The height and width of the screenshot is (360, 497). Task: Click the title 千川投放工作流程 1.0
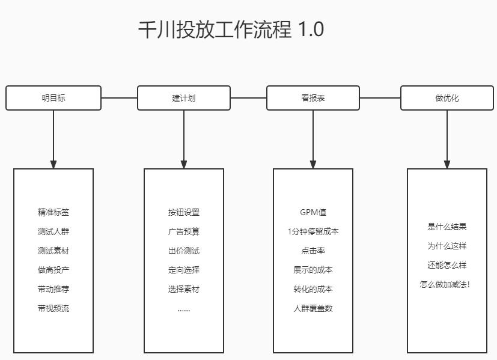pyautogui.click(x=231, y=29)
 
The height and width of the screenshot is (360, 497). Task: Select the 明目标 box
pyautogui.click(x=53, y=98)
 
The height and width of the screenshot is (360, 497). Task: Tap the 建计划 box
pyautogui.click(x=184, y=98)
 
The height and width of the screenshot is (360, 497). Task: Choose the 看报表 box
pyautogui.click(x=313, y=98)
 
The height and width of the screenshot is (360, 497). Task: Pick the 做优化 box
pyautogui.click(x=447, y=98)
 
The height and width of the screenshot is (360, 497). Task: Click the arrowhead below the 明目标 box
pyautogui.click(x=53, y=164)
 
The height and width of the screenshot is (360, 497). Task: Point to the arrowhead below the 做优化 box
pyautogui.click(x=447, y=164)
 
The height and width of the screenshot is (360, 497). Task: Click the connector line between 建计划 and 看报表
pyautogui.click(x=248, y=97)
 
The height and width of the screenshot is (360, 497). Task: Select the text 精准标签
pyautogui.click(x=53, y=212)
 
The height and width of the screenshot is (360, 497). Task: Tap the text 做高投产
pyautogui.click(x=53, y=270)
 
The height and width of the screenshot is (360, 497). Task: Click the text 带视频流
pyautogui.click(x=53, y=308)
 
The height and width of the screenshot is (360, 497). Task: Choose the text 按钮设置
pyautogui.click(x=184, y=212)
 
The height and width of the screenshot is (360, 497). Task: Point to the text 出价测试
pyautogui.click(x=184, y=251)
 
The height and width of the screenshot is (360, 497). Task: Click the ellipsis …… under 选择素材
pyautogui.click(x=184, y=310)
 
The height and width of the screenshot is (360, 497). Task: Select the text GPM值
pyautogui.click(x=313, y=212)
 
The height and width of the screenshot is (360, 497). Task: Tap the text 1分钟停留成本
pyautogui.click(x=313, y=231)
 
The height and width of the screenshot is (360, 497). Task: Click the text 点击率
pyautogui.click(x=313, y=251)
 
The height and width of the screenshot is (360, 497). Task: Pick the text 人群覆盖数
pyautogui.click(x=313, y=308)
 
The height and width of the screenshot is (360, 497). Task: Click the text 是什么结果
pyautogui.click(x=447, y=227)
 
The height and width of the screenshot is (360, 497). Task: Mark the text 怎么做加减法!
pyautogui.click(x=445, y=284)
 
